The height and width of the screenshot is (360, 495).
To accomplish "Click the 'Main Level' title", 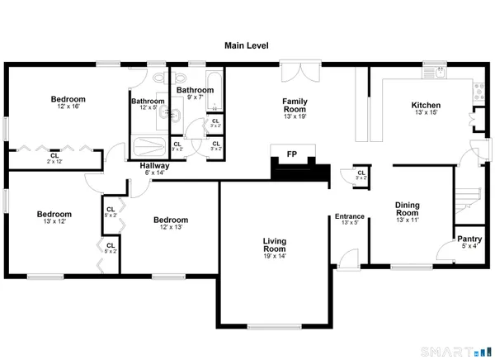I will point(247,47).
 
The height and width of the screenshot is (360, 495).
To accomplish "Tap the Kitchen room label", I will point(426,106).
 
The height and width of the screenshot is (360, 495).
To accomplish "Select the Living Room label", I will point(275,244).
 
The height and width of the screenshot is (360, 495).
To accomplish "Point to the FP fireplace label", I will point(291,154).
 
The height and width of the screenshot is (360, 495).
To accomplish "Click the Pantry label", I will point(470,239).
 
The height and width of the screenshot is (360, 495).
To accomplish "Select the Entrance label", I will point(349,217).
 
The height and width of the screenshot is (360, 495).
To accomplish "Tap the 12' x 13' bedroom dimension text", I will point(171,227).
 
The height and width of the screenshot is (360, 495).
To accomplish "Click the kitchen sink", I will point(435,73).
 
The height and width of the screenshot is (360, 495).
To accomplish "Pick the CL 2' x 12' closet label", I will point(54,157).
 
